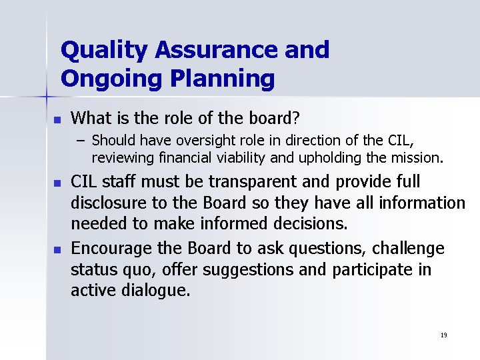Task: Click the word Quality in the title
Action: (x=104, y=51)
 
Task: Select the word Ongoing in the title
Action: (x=111, y=79)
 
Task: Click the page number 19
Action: (x=444, y=335)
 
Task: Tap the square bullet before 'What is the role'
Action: (x=57, y=120)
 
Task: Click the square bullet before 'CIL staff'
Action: (x=57, y=183)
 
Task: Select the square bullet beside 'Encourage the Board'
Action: (x=57, y=250)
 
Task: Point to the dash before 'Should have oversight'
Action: (x=81, y=141)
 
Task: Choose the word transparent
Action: (x=252, y=181)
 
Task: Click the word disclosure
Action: (x=109, y=203)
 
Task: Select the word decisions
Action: (x=310, y=223)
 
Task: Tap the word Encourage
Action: (x=111, y=249)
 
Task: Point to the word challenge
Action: (x=408, y=249)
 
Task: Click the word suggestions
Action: (x=248, y=270)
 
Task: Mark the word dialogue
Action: (x=155, y=290)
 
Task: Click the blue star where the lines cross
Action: (x=47, y=97)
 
